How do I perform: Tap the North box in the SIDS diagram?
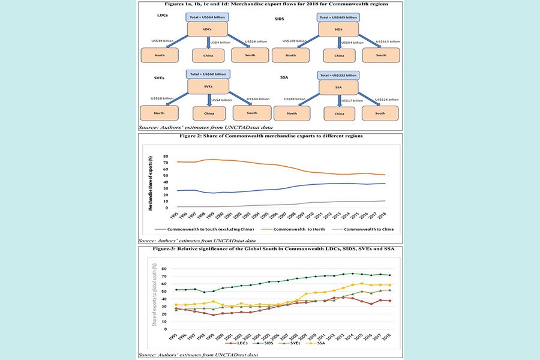click(291, 56)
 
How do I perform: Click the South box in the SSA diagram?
click(380, 112)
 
